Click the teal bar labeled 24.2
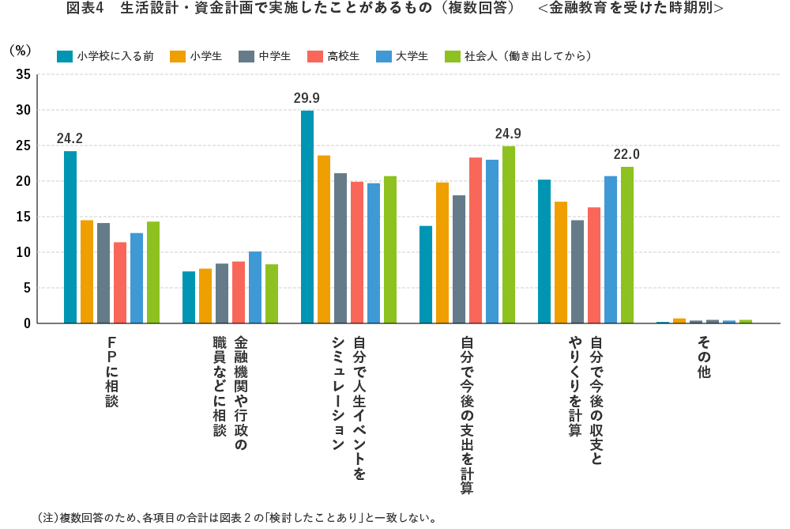pos(70,237)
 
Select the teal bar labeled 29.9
pos(307,217)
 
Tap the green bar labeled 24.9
pos(508,235)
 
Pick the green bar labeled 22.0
pos(626,245)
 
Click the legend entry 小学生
pos(197,56)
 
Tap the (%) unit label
pos(20,50)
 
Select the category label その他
pos(704,357)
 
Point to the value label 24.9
pos(508,134)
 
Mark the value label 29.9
pos(307,98)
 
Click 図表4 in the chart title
pos(86,9)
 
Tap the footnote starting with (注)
pos(237,519)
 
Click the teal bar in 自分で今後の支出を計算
pos(426,274)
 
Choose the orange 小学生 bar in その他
pos(679,320)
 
